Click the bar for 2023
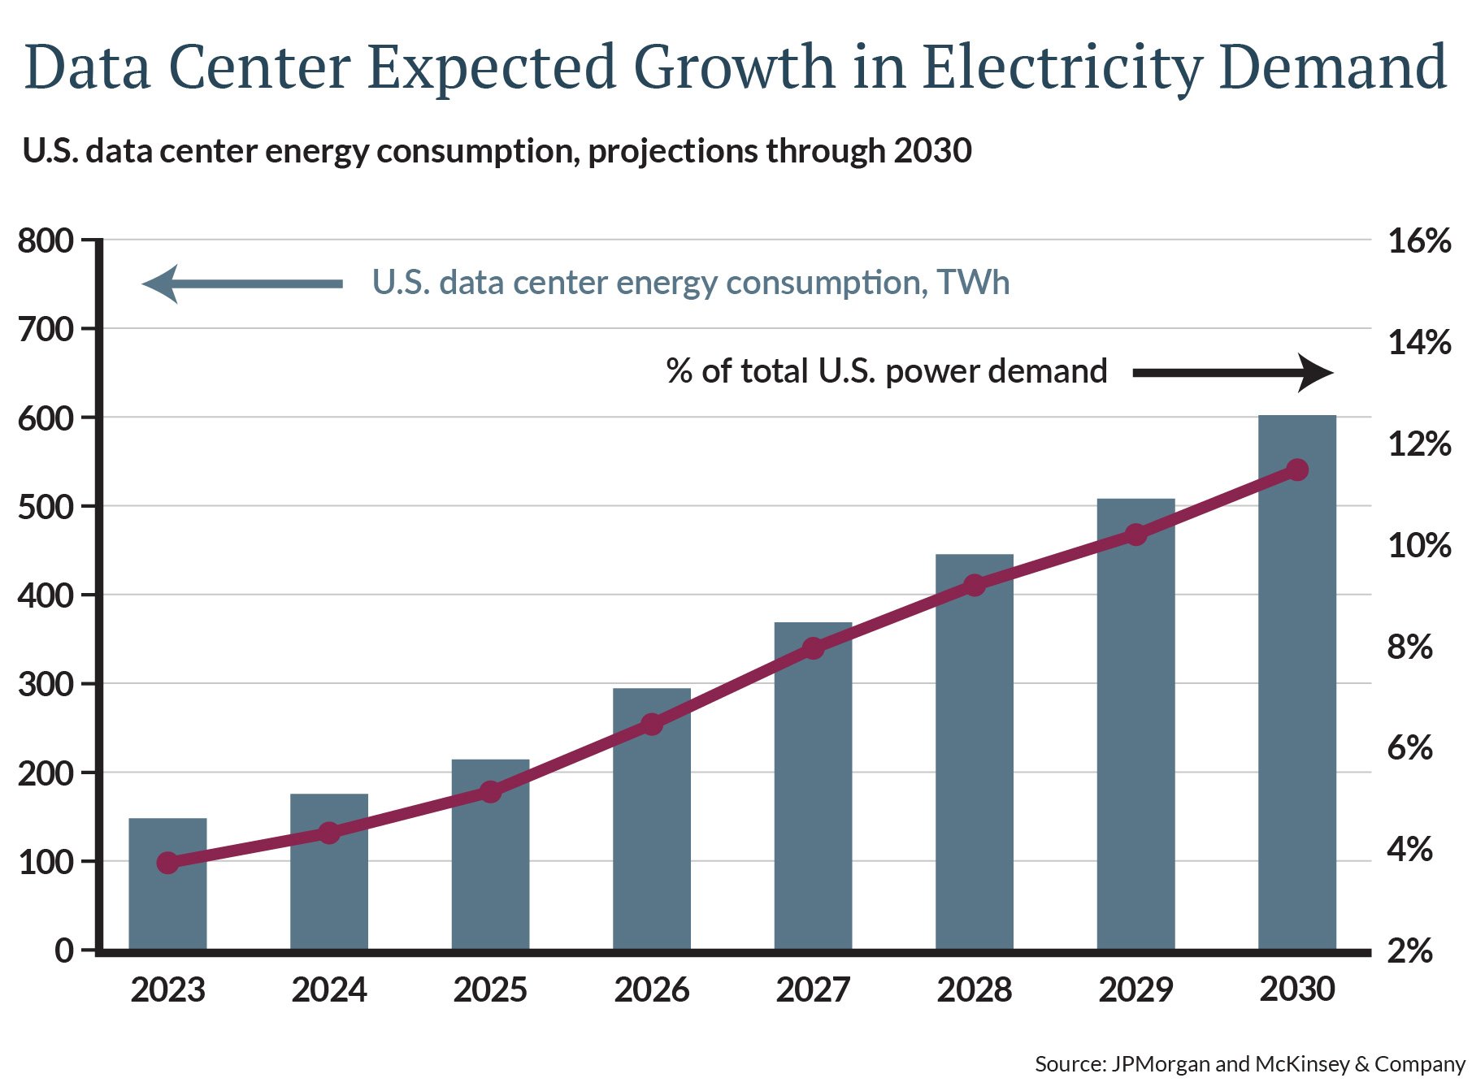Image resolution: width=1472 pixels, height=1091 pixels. click(x=167, y=902)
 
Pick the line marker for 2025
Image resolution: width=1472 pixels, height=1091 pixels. click(x=490, y=791)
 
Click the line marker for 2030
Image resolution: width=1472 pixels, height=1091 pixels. click(x=1296, y=470)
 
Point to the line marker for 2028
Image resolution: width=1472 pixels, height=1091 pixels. click(x=974, y=585)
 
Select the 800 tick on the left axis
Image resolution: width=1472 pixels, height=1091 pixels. click(x=46, y=241)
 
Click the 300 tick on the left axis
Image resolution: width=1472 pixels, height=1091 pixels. click(x=46, y=684)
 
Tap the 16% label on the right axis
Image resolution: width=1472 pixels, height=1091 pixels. click(x=1418, y=241)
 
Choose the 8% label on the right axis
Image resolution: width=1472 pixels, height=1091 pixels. click(x=1409, y=647)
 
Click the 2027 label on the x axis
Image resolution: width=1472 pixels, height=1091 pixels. click(x=812, y=989)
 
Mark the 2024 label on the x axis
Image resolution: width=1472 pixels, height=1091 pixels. click(x=329, y=989)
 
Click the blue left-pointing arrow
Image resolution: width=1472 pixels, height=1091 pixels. click(x=241, y=284)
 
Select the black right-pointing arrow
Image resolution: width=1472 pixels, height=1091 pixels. click(x=1232, y=373)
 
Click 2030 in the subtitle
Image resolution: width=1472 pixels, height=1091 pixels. click(x=932, y=151)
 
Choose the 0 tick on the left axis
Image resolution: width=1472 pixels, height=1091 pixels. click(x=64, y=950)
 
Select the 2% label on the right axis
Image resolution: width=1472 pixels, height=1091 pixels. click(x=1409, y=950)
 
